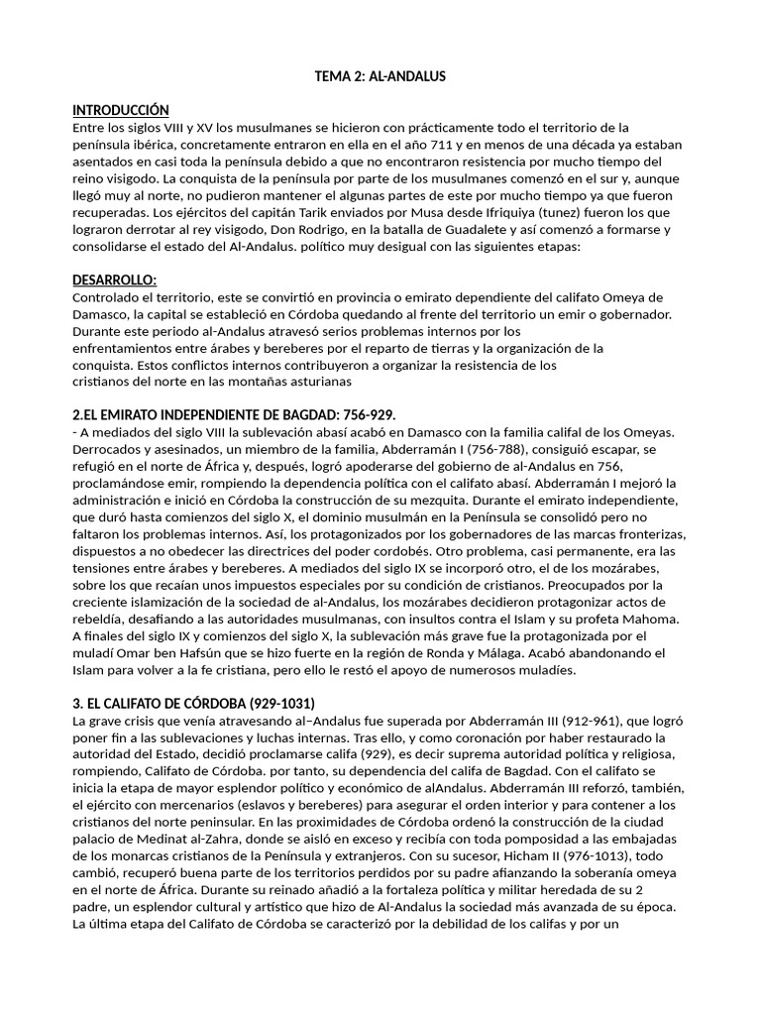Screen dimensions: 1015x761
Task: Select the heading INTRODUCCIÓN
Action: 121,110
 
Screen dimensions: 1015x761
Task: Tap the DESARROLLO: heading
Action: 115,281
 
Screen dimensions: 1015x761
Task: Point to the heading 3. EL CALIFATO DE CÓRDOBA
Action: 194,704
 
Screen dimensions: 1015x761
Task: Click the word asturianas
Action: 314,382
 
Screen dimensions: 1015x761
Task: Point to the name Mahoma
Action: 649,620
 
